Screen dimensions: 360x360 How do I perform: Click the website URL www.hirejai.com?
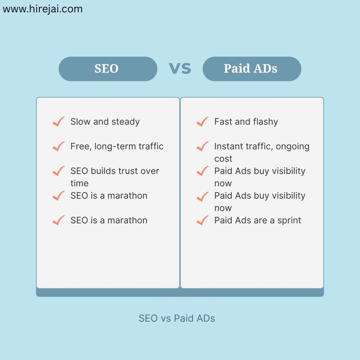point(43,9)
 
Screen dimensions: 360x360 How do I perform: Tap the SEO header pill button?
point(108,69)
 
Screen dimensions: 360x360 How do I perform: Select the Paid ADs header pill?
point(252,69)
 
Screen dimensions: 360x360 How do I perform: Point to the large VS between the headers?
point(180,69)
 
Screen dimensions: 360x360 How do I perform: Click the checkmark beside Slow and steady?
point(59,122)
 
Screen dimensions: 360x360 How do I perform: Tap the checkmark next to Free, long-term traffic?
point(59,146)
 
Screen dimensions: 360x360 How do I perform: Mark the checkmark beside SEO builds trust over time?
point(59,171)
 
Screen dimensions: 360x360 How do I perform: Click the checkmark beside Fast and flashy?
point(203,122)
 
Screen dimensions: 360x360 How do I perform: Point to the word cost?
point(223,159)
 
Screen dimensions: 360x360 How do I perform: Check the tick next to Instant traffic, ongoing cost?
point(203,146)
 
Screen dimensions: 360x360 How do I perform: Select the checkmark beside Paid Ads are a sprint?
point(203,220)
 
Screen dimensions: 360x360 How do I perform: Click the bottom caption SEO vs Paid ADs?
point(177,319)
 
